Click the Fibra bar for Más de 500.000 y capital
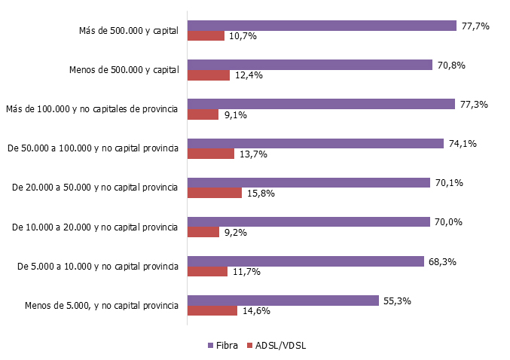click(322, 26)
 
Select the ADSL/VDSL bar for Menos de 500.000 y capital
click(208, 75)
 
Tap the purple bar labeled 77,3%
click(321, 104)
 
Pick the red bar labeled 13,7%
click(211, 154)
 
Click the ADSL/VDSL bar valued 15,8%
click(214, 193)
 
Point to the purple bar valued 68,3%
click(306, 261)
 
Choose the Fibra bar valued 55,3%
click(282, 301)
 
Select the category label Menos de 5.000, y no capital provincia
click(101, 305)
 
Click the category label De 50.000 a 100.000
click(93, 148)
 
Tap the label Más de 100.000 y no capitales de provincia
click(91, 109)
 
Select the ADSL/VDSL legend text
click(281, 346)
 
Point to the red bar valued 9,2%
click(203, 232)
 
